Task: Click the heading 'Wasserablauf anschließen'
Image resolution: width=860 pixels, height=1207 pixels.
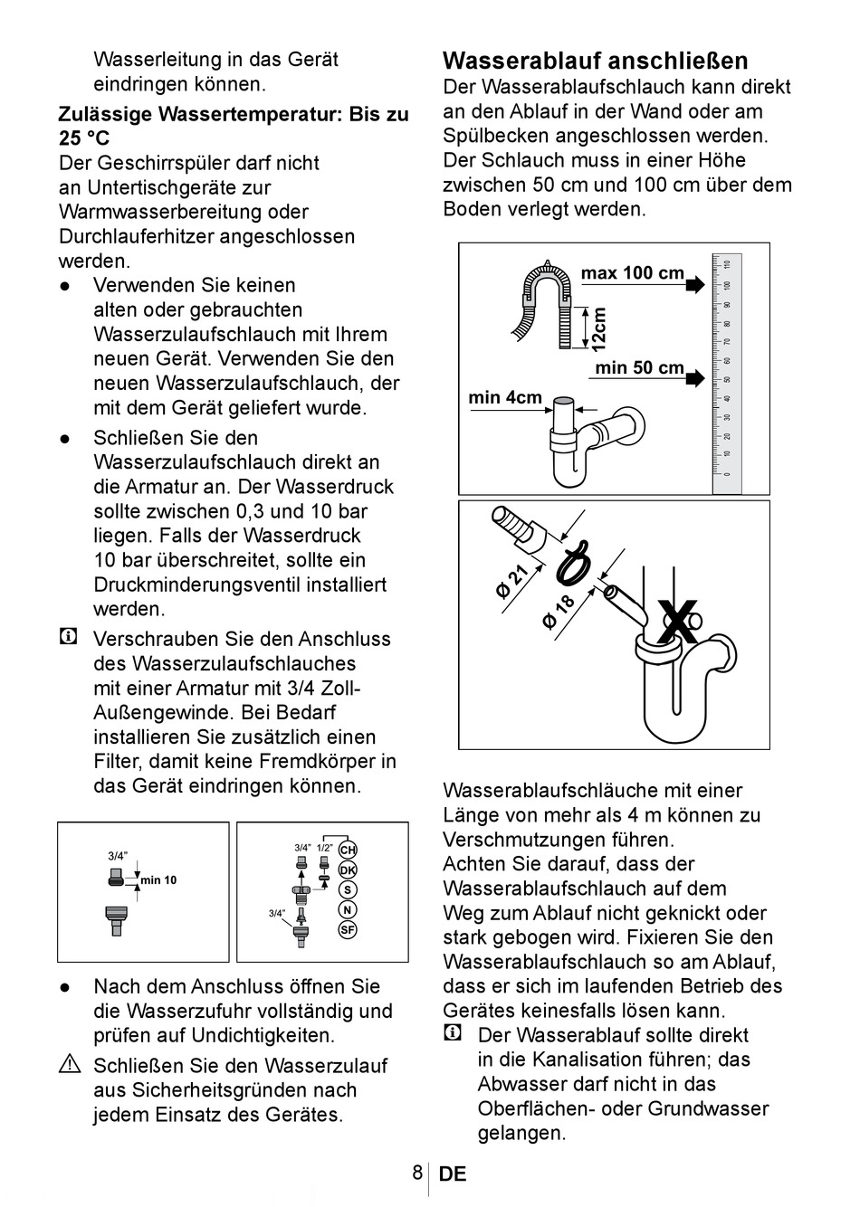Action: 596,62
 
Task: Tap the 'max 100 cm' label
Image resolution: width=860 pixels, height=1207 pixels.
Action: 632,273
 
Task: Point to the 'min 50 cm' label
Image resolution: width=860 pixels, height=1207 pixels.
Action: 639,368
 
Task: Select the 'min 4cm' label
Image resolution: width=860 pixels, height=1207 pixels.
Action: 505,398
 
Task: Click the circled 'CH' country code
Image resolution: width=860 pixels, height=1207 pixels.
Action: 348,851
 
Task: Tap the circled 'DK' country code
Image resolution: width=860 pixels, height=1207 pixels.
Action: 348,870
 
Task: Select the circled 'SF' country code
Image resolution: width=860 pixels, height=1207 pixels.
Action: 348,929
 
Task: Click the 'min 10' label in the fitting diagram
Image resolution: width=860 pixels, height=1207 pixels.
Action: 158,880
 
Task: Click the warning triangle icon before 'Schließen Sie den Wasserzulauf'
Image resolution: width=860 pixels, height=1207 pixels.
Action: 70,1066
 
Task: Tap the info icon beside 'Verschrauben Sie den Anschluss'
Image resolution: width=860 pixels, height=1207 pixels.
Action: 68,638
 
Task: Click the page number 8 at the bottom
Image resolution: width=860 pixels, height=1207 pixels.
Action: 417,1174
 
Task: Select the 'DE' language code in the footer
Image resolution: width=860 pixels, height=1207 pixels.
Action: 453,1174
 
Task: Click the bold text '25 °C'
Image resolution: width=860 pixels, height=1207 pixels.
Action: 83,139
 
